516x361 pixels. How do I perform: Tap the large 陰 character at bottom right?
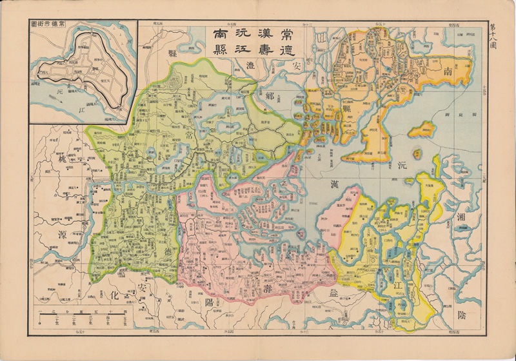[x=470, y=317]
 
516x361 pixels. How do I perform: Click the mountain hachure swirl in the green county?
[x=174, y=81]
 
